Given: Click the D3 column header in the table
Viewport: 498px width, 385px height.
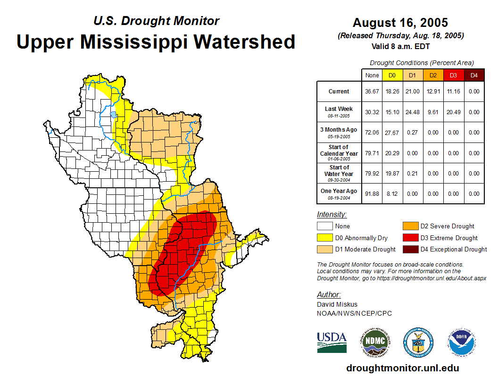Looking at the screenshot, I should click(453, 75).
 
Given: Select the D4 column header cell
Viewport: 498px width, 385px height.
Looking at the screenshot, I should click(474, 75).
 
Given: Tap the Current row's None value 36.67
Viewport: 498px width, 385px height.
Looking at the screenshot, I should click(372, 92).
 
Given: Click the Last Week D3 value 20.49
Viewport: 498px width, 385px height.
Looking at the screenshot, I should click(453, 112).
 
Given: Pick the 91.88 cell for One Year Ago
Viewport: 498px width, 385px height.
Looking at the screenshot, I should click(372, 193).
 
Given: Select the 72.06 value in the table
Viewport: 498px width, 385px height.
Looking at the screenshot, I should click(372, 133).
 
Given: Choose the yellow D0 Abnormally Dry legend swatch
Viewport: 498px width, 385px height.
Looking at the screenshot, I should click(324, 238).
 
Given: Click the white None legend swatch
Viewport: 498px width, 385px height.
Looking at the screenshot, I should click(324, 226).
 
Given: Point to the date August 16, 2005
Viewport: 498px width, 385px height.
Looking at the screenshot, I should click(400, 23).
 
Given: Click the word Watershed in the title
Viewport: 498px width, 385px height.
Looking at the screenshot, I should click(243, 42).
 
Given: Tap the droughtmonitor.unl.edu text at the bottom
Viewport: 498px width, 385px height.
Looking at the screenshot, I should click(402, 368).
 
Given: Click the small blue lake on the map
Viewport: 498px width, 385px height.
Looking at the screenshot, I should click(113, 114).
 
